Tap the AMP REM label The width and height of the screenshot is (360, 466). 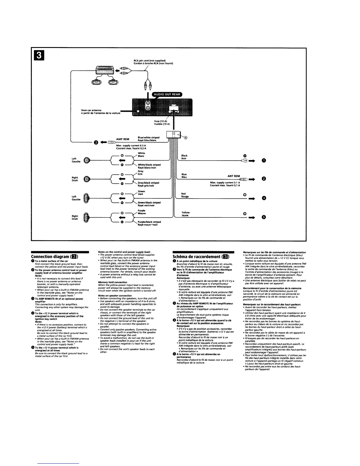(x=123, y=139)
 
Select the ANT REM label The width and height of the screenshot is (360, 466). (x=234, y=176)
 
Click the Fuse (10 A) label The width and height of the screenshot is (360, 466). (x=161, y=121)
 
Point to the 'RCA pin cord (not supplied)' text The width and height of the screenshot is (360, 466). (x=149, y=61)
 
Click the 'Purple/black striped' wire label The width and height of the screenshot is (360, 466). (x=149, y=222)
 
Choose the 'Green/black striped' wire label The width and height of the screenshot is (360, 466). (x=149, y=202)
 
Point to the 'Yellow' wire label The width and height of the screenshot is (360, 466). (x=186, y=212)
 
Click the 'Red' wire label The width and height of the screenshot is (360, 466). (x=184, y=194)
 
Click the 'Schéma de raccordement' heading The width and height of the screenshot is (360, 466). (x=197, y=257)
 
